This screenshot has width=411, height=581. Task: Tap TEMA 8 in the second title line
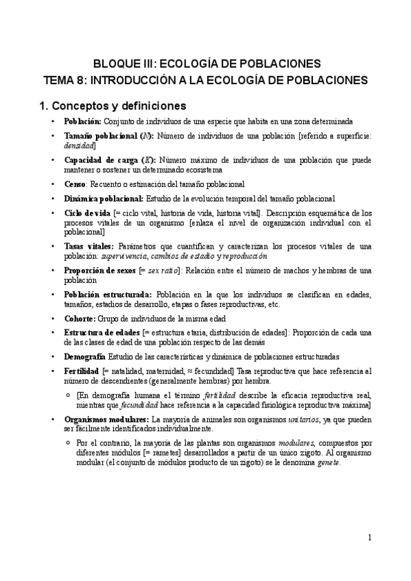(x=67, y=79)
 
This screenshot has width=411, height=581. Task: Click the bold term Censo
(x=75, y=184)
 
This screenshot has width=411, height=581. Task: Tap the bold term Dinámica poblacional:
(x=103, y=198)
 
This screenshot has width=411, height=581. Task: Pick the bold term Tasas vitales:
(x=89, y=246)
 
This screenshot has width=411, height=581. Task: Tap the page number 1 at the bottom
(x=370, y=537)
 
